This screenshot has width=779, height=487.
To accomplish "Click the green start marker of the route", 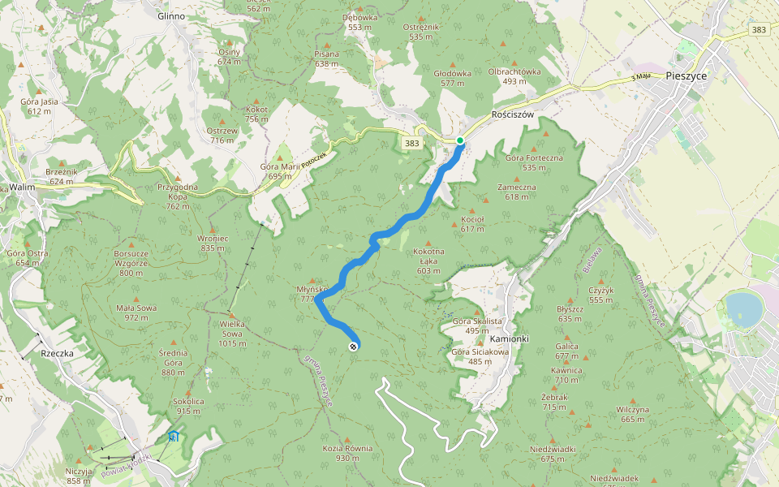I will (460, 140).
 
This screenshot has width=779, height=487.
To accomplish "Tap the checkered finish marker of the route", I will (353, 347).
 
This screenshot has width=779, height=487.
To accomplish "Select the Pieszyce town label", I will (686, 75).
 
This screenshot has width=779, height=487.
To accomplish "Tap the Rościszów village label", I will (513, 114).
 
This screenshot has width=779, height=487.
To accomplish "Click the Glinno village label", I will (170, 15).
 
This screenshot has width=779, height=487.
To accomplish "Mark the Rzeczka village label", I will (58, 354).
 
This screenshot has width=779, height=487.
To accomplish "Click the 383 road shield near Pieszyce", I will (758, 30).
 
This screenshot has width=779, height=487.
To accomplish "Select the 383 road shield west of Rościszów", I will (411, 143).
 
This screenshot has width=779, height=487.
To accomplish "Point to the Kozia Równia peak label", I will (347, 453).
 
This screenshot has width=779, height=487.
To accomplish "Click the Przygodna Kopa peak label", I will (179, 191).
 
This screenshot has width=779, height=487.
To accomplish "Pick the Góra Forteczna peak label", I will (534, 162).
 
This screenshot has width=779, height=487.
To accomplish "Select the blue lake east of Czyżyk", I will (743, 308).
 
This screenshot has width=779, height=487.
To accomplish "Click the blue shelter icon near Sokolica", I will (173, 437).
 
